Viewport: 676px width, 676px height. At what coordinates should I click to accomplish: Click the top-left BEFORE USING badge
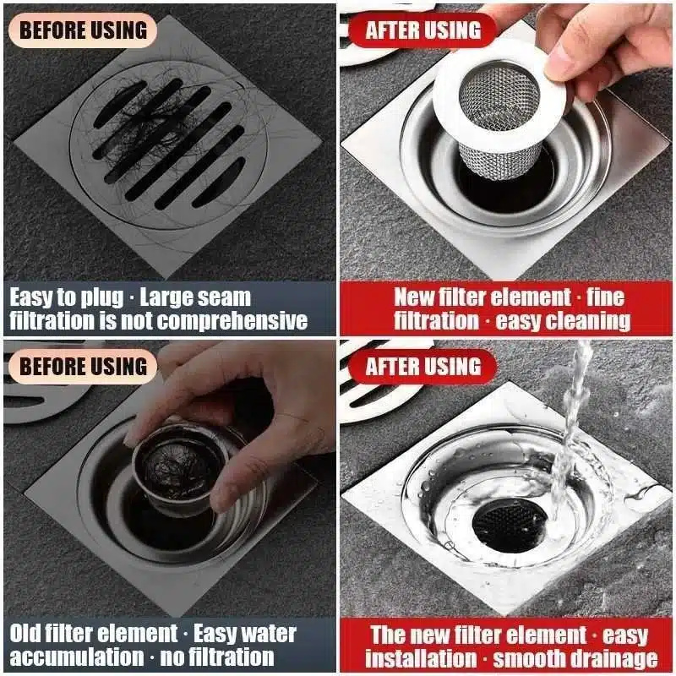(x=83, y=30)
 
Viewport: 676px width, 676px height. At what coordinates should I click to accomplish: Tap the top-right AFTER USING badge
(x=422, y=31)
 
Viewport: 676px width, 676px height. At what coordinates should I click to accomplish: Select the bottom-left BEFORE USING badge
(x=83, y=366)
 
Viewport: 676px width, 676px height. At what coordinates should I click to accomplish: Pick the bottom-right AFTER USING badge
(x=422, y=368)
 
